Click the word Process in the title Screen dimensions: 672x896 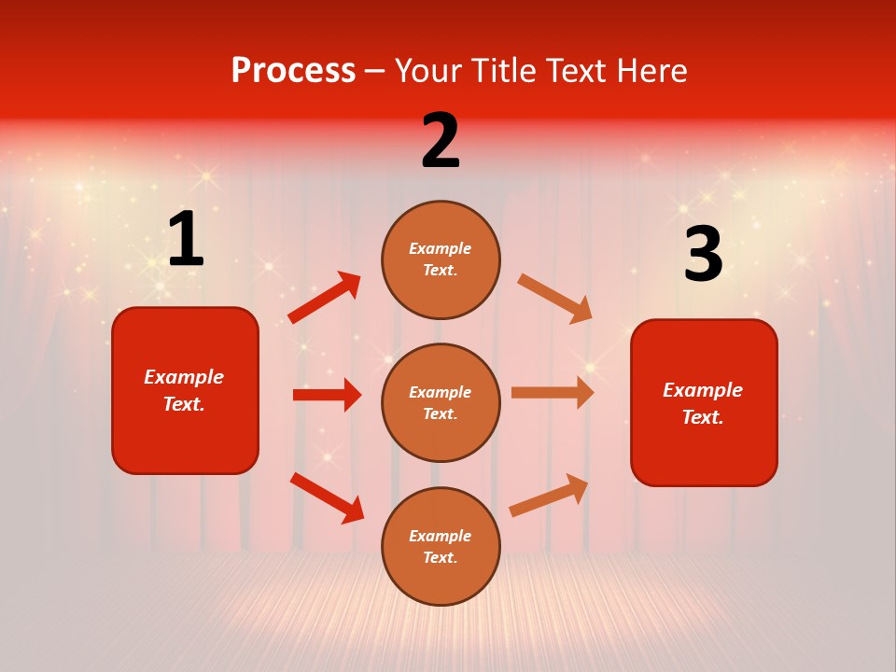point(293,71)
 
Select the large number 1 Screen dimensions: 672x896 point(186,240)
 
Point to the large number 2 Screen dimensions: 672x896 point(441,141)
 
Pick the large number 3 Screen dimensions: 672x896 point(703,255)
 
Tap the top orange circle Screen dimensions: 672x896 point(441,259)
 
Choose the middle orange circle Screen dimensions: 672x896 point(441,402)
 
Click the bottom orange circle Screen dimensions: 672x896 point(441,546)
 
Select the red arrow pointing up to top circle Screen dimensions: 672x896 point(324,298)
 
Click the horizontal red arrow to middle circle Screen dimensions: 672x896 point(327,395)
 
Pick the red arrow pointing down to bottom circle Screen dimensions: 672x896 point(327,497)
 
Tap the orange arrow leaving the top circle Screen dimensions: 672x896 point(555,299)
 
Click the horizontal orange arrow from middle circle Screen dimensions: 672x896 point(553,393)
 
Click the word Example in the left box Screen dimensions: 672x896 point(184,377)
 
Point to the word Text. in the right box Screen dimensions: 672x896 point(703,417)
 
